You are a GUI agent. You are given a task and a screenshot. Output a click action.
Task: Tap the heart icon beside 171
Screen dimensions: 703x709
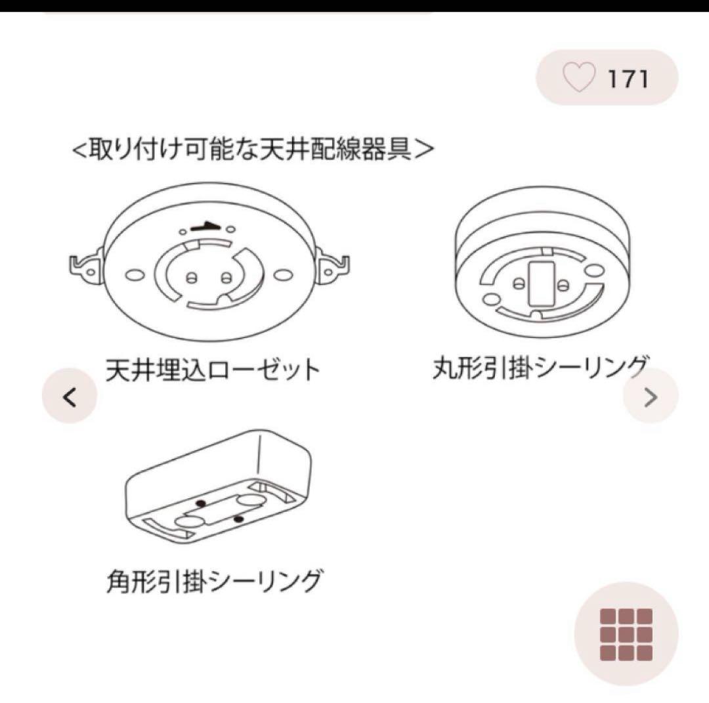pos(578,78)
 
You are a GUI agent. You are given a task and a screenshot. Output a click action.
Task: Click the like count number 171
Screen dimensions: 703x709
pos(628,79)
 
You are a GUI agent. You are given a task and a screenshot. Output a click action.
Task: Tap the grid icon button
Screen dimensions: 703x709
pos(626,634)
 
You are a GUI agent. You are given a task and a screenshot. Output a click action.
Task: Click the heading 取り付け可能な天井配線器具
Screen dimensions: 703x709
pos(253,149)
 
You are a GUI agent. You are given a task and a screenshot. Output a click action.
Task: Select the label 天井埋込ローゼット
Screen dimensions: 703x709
pos(213,370)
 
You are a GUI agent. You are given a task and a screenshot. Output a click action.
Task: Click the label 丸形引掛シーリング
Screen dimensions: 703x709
pos(541,368)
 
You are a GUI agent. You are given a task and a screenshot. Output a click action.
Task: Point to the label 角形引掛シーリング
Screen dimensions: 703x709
pos(214,581)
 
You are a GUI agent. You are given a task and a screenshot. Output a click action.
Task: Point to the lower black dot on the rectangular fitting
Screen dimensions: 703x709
pos(239,519)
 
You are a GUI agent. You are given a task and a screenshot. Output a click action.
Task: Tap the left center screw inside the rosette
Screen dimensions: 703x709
pos(190,277)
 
